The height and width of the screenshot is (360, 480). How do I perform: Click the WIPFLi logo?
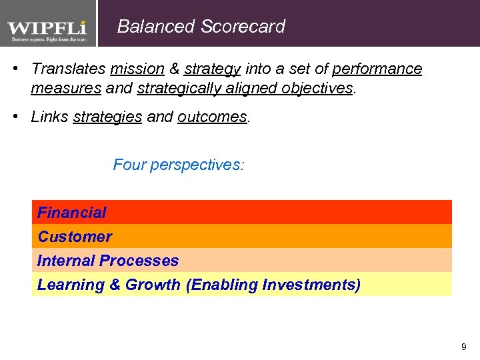47,29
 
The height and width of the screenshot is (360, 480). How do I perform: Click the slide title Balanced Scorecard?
201,27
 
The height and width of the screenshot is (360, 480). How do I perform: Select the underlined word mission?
137,69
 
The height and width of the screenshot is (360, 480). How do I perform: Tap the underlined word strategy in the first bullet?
212,69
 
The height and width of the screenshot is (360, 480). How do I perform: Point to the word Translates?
69,69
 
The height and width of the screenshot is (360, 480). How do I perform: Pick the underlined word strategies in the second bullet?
107,117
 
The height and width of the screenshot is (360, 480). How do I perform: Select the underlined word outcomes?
212,117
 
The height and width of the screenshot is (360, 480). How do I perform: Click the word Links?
49,117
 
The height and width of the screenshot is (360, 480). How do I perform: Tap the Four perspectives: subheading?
179,164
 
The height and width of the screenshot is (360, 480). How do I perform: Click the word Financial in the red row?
71,213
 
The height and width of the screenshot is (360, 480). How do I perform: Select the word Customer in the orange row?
75,237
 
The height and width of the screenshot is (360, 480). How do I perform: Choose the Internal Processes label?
108,261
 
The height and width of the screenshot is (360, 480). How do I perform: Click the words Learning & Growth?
109,285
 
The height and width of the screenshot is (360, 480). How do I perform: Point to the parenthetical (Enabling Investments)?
273,285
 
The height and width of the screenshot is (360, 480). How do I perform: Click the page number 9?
464,347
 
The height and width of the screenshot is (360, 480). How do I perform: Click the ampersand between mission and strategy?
174,69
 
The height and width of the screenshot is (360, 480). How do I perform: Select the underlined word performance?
377,69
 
